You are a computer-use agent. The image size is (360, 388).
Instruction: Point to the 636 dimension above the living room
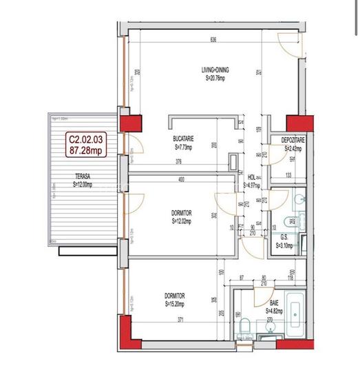tap(213, 40)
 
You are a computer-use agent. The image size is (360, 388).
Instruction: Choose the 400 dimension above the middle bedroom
tap(182, 181)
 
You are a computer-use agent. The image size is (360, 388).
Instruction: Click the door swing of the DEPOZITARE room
tap(275, 155)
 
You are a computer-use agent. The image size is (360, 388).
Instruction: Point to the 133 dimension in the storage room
tap(288, 175)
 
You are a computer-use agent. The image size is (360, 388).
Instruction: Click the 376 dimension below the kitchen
tap(178, 163)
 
